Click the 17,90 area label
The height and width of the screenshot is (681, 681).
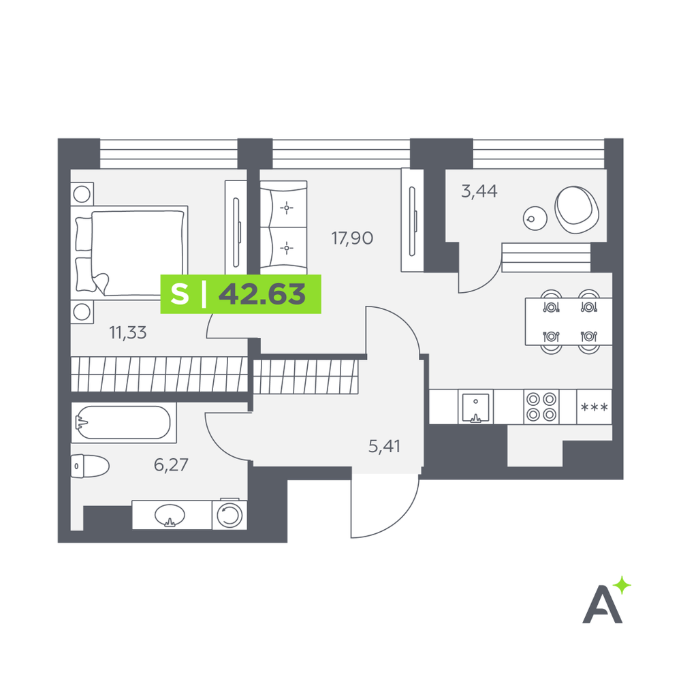point(352,238)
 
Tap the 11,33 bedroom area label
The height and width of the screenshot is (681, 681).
point(128,333)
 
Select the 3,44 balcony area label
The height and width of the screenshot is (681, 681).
point(479,191)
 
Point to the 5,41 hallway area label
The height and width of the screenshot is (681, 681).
point(384,446)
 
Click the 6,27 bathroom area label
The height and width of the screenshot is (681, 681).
point(171,464)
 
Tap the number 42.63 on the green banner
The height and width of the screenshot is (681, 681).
point(262,294)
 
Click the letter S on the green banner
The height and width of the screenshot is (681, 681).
point(180,294)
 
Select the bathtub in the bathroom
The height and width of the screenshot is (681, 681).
point(124,423)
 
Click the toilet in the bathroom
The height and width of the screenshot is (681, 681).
point(89,466)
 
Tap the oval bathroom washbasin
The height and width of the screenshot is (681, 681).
point(170,516)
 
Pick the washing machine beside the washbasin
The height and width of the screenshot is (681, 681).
point(229,515)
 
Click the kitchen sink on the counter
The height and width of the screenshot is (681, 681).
point(475,407)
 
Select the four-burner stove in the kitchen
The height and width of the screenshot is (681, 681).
point(541,407)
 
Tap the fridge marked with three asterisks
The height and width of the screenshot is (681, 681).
point(594,407)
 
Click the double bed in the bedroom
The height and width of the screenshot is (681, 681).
point(129,253)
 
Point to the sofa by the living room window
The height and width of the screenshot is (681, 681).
point(283,227)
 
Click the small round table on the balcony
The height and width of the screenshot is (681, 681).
point(535,218)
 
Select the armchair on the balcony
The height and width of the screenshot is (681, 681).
point(577,210)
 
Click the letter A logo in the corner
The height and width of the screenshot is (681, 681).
point(602,604)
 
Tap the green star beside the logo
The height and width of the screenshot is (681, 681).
point(623,585)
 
